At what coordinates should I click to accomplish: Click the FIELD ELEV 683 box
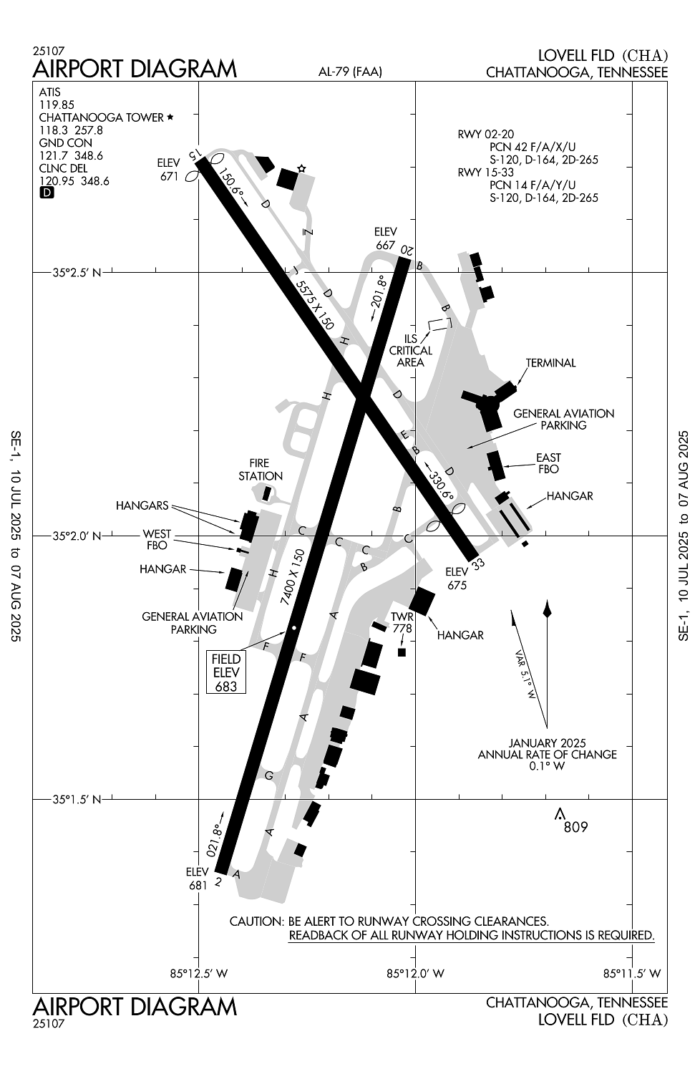[x=226, y=672]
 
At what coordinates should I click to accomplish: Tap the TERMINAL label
[x=550, y=363]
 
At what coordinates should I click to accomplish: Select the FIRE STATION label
[x=261, y=470]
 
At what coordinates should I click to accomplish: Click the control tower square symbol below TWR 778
[x=402, y=652]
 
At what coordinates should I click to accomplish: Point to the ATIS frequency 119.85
[x=57, y=105]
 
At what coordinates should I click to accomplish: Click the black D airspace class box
[x=47, y=193]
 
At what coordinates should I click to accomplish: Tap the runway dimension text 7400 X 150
[x=292, y=577]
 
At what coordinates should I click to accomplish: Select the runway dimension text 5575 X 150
[x=313, y=306]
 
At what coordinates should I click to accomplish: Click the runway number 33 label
[x=478, y=563]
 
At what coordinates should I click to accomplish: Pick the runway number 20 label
[x=406, y=250]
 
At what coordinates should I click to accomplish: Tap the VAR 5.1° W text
[x=525, y=674]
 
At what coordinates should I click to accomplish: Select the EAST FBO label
[x=548, y=463]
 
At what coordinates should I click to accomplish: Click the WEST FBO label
[x=157, y=540]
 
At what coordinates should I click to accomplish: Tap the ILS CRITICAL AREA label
[x=411, y=351]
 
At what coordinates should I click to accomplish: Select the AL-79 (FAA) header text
[x=350, y=72]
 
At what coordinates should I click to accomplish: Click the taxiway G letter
[x=269, y=775]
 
